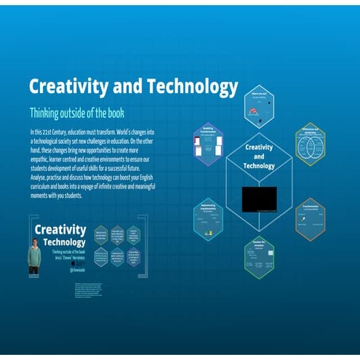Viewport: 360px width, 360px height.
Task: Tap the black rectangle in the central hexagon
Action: click(x=259, y=197)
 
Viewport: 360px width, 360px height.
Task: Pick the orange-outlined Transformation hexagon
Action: click(x=311, y=217)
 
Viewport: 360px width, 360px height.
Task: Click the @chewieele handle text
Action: click(x=78, y=268)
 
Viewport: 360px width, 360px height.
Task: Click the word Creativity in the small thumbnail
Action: click(x=60, y=230)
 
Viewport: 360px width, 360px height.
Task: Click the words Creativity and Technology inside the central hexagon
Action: click(x=259, y=156)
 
